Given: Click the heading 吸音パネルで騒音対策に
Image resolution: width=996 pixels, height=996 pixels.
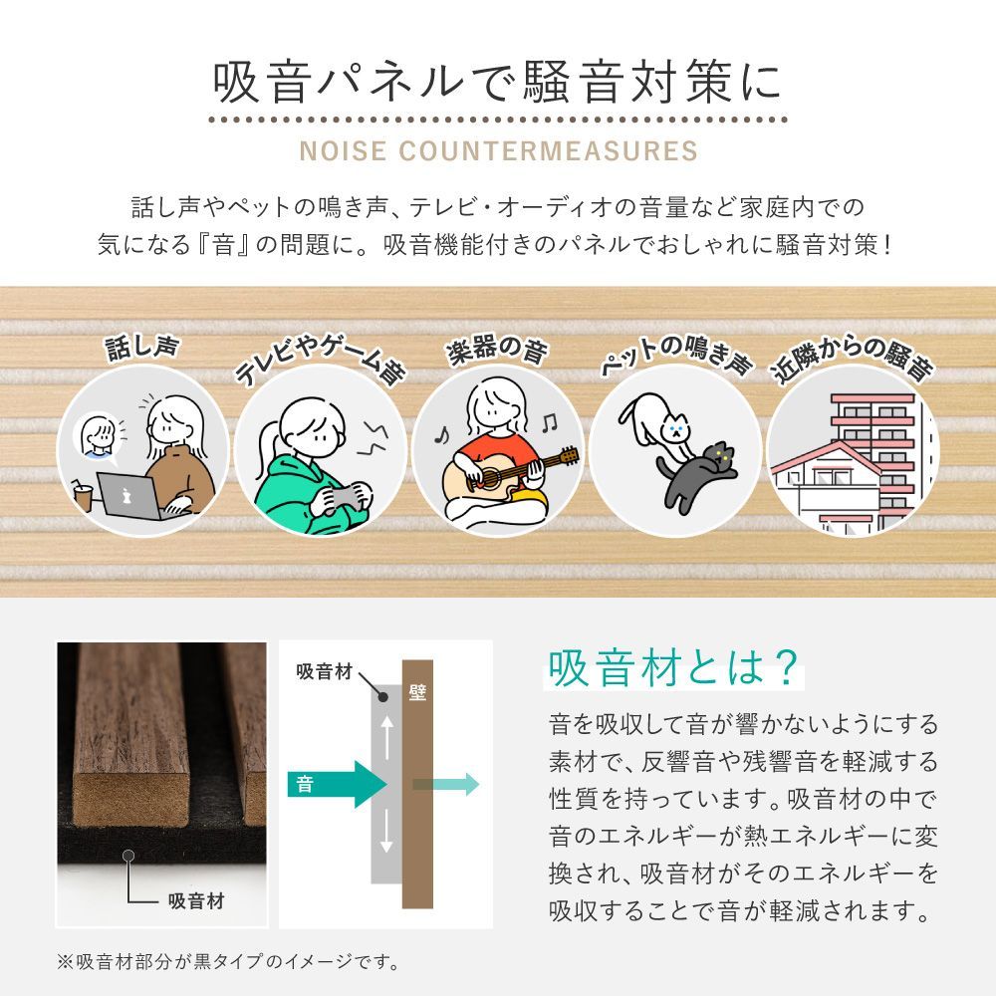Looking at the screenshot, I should click(x=498, y=84).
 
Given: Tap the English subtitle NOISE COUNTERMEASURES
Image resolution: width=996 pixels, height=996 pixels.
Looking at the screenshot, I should click(x=498, y=151).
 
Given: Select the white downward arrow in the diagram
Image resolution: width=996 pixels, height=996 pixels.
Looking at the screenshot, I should click(x=386, y=835).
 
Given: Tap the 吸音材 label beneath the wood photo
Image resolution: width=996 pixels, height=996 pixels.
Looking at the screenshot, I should click(x=195, y=901).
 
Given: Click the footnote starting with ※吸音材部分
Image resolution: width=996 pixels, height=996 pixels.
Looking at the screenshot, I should click(x=228, y=962).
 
